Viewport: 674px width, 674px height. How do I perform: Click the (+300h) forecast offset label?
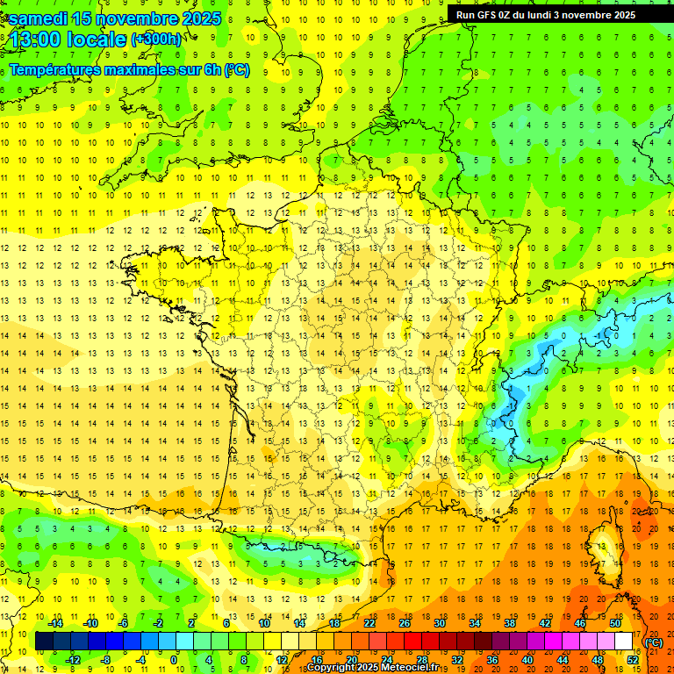click(155, 39)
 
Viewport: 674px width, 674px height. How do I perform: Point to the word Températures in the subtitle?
click(53, 69)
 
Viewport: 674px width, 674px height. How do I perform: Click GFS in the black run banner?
click(490, 15)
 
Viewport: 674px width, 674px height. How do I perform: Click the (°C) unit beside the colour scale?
click(654, 642)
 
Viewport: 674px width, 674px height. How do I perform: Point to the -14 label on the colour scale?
click(55, 623)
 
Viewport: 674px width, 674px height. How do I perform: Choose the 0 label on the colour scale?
click(174, 659)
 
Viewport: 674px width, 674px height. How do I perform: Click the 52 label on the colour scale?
click(632, 659)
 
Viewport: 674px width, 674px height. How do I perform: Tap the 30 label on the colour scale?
click(439, 623)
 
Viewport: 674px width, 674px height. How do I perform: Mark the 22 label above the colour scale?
click(369, 623)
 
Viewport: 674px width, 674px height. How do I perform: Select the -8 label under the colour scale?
click(105, 659)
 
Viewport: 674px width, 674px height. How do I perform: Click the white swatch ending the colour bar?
click(624, 642)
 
